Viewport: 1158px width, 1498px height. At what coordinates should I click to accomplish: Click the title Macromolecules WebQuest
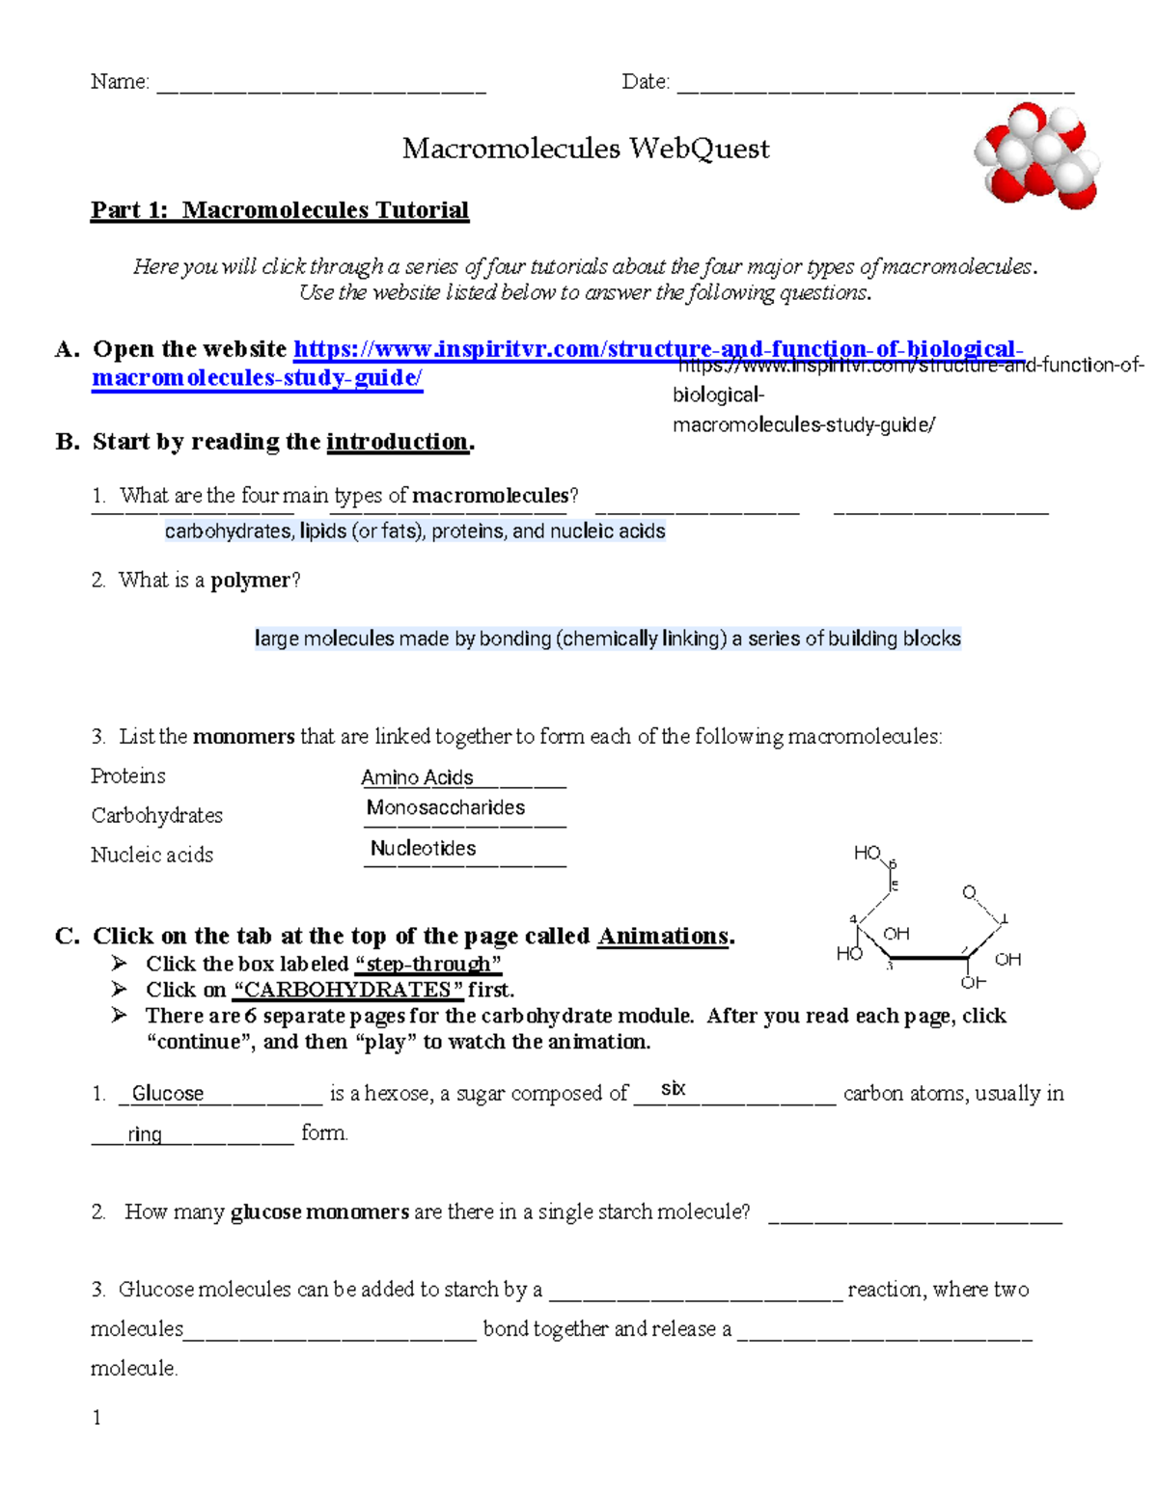tap(586, 149)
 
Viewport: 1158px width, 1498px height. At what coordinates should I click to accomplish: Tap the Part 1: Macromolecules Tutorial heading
tap(280, 210)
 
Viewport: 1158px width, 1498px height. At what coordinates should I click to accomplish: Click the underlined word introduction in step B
tap(397, 442)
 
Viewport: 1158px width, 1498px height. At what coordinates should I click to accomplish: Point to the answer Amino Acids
tap(417, 777)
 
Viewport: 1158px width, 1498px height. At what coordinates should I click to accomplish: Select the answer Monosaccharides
tap(446, 807)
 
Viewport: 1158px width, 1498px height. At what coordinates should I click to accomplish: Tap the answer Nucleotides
tap(424, 848)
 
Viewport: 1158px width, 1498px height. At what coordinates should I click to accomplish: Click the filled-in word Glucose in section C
tap(168, 1093)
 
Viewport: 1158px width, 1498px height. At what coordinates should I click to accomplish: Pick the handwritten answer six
tap(673, 1088)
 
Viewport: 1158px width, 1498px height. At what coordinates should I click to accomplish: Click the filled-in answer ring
tap(145, 1134)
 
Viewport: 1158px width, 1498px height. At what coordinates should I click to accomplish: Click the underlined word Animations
tap(663, 936)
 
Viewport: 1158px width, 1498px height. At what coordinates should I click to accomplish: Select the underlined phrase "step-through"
tap(428, 964)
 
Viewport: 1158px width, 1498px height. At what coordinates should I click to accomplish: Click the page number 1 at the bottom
tap(96, 1417)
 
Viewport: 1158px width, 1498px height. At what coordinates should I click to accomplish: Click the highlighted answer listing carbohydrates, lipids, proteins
tap(415, 531)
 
